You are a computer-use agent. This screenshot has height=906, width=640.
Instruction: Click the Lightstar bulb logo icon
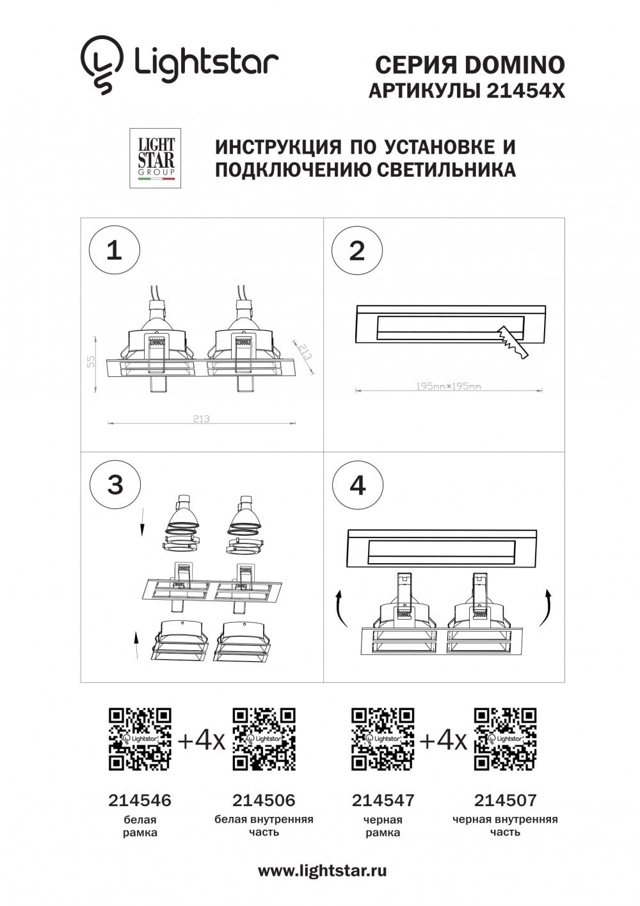click(101, 64)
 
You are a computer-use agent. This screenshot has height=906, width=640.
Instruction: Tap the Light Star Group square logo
click(156, 158)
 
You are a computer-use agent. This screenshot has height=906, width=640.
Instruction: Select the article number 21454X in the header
click(525, 92)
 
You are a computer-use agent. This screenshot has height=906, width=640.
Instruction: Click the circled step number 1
click(114, 250)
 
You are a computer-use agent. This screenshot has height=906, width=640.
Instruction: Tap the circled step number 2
click(357, 250)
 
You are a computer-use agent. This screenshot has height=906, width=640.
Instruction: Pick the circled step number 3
click(115, 484)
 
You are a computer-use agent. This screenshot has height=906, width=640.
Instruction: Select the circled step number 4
click(358, 484)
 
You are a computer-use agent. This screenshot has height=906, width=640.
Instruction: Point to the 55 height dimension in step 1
click(92, 363)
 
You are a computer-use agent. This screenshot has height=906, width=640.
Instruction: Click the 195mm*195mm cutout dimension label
click(448, 386)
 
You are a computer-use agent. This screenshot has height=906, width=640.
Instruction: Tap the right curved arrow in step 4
click(546, 608)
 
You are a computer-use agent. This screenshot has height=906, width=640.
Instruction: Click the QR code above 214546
click(140, 739)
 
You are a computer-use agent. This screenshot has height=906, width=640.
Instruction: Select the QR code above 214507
click(505, 739)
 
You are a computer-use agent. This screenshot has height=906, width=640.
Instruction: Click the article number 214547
click(383, 800)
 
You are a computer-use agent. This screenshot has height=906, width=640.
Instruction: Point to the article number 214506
click(264, 800)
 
